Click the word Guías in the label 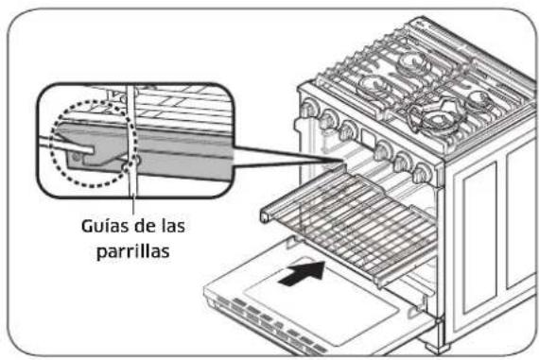click(x=96, y=227)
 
